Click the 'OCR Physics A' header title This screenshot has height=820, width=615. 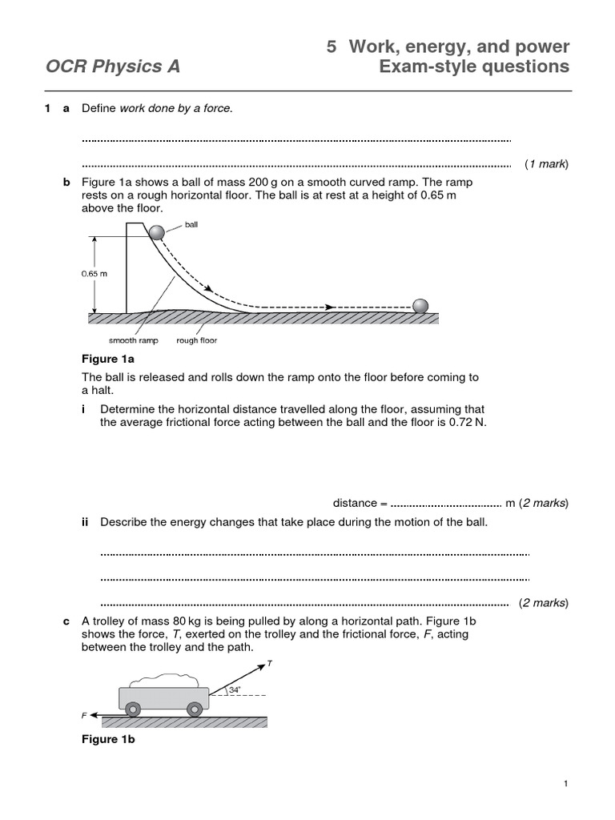tap(112, 66)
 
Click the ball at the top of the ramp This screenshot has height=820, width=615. tap(156, 232)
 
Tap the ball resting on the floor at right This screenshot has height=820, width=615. tap(420, 306)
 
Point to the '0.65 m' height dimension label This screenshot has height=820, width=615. tap(94, 273)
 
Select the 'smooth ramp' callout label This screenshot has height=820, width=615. tap(134, 340)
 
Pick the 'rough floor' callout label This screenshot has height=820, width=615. tap(197, 340)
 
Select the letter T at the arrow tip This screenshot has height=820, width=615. tap(269, 664)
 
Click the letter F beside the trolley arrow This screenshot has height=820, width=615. tap(84, 713)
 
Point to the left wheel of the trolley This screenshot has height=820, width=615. tap(133, 709)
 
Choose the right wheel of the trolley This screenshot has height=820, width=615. tap(194, 709)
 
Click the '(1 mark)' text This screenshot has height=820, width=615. tap(546, 164)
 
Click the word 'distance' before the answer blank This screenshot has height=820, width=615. tap(354, 503)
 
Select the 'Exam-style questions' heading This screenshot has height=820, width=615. tap(474, 66)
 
